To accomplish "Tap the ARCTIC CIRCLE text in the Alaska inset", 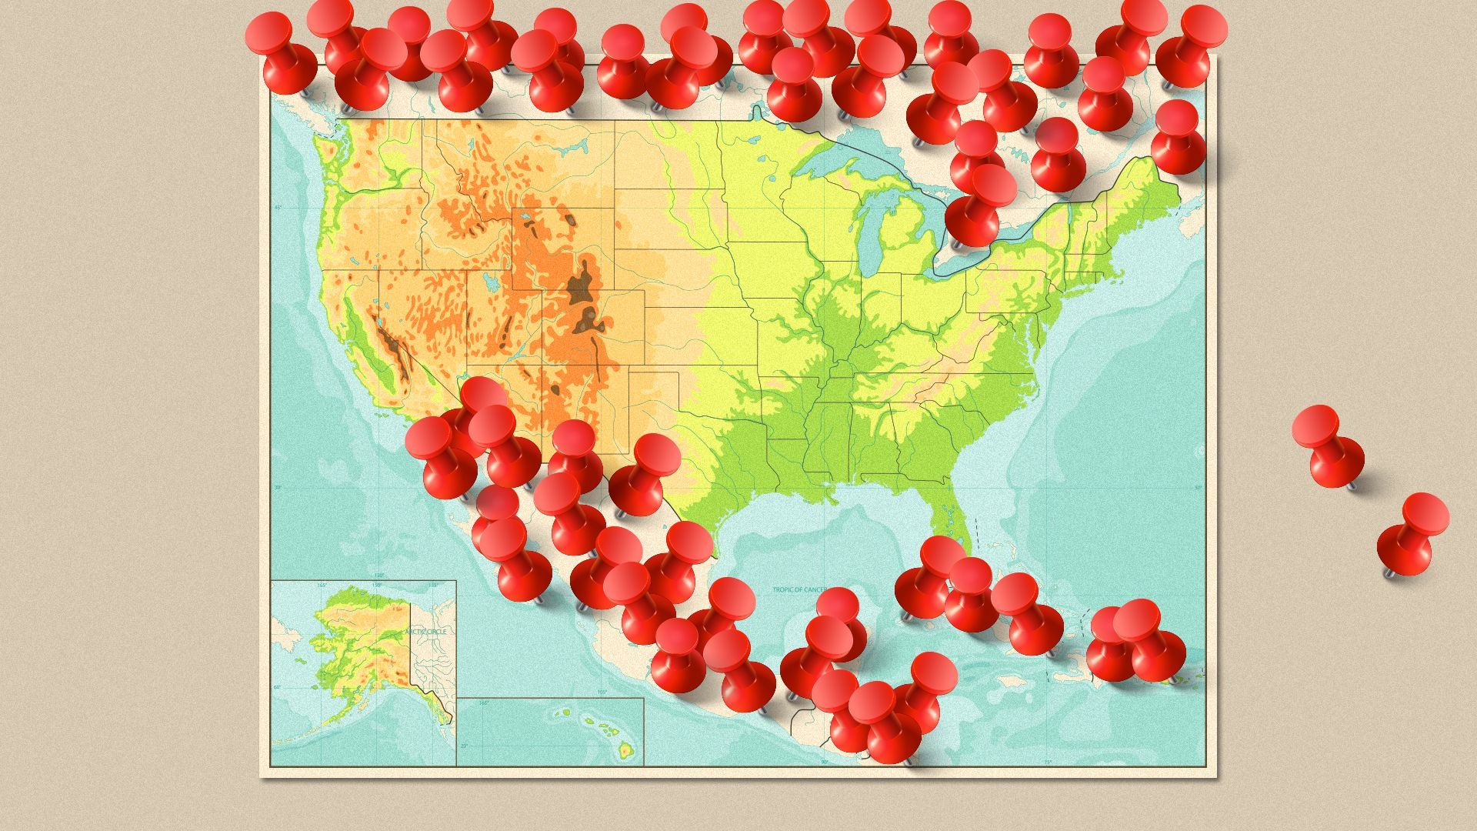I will point(425,631).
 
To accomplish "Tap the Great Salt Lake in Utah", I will point(491,281).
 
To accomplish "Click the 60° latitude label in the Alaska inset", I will point(278,687).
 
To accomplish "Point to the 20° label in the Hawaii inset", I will point(463,746).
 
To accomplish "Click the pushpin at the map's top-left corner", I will point(280,53).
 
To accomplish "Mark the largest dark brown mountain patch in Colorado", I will point(582,285).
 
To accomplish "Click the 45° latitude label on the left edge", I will point(278,208).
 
